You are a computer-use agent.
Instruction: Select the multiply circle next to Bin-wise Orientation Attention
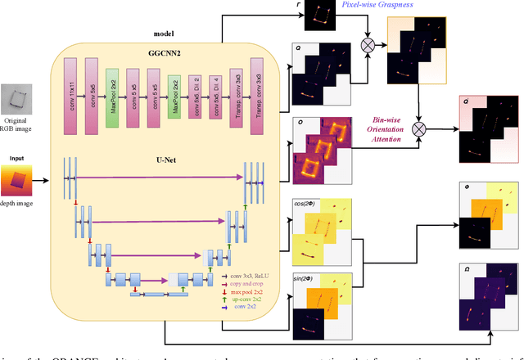coord(420,128)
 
